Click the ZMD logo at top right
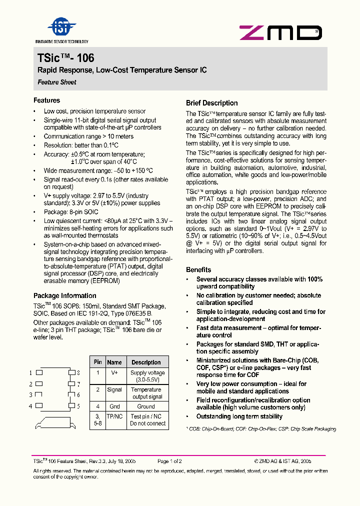pos(280,33)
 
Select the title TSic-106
pos(66,58)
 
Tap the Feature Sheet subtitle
pos(57,82)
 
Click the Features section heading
pos(46,100)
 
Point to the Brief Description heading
pos(211,103)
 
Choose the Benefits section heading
pos(198,269)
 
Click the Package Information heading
pos(64,295)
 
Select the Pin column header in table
pos(97,362)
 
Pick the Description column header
pos(146,362)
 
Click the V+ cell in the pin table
pos(114,373)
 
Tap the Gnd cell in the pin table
pos(114,406)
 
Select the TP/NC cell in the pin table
pos(114,416)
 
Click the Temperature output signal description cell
pos(147,393)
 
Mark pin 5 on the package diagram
pos(71,405)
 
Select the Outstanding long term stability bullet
pos(239,416)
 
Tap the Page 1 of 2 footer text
pos(169,461)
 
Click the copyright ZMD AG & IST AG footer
pos(282,461)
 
